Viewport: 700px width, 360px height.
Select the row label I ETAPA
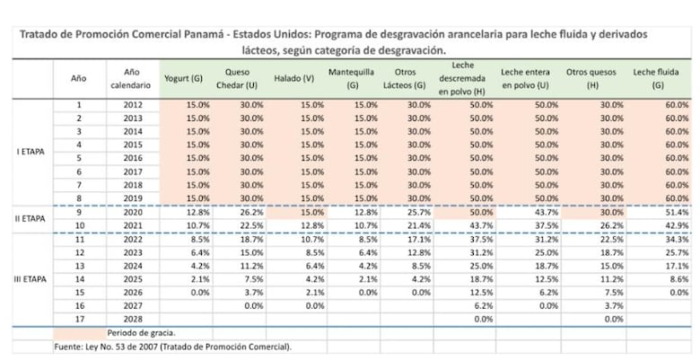31,152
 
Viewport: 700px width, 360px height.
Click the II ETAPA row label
31,217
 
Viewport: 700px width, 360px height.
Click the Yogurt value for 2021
197,224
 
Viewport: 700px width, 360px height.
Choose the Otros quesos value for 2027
611,305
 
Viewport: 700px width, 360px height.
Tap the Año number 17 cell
79,318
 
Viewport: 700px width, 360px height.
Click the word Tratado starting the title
39,33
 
